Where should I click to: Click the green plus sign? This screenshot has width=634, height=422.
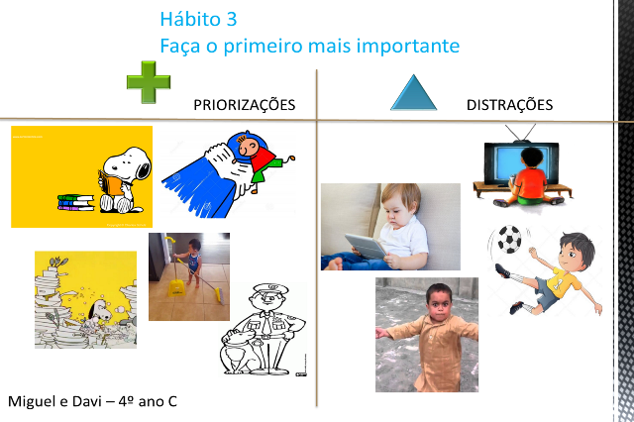click(x=149, y=82)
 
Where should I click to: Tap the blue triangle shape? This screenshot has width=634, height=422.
click(x=413, y=93)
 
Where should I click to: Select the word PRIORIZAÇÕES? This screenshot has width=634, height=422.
click(x=245, y=104)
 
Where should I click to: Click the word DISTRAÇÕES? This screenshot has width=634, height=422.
click(x=509, y=104)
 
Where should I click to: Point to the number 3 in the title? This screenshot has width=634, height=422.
click(x=231, y=19)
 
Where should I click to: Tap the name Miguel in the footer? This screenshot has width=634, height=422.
click(x=32, y=401)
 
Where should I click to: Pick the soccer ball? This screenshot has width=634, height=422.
click(x=509, y=239)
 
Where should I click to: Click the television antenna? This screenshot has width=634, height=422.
click(x=520, y=133)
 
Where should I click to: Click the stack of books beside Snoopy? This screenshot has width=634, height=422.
click(x=75, y=202)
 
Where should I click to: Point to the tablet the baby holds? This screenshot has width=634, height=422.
click(x=366, y=246)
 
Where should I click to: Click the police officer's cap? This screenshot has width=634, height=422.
click(x=270, y=289)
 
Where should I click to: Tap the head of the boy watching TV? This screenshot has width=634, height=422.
click(x=531, y=158)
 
